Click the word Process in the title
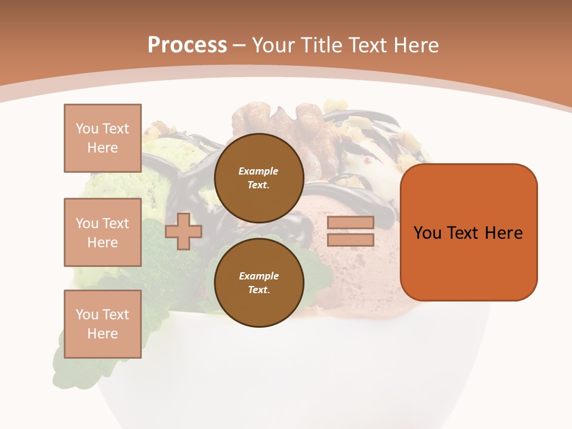pos(187,45)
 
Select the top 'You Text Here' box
pos(102,138)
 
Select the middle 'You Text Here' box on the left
pos(102,232)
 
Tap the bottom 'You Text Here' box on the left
pos(102,324)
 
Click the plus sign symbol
pos(183,232)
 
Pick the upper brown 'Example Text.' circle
pos(259,178)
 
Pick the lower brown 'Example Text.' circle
pos(259,282)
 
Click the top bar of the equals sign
pos(350,223)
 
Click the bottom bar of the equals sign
pos(350,240)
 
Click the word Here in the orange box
pos(503,233)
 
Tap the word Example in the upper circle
pos(259,171)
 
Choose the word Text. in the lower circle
pos(259,290)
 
